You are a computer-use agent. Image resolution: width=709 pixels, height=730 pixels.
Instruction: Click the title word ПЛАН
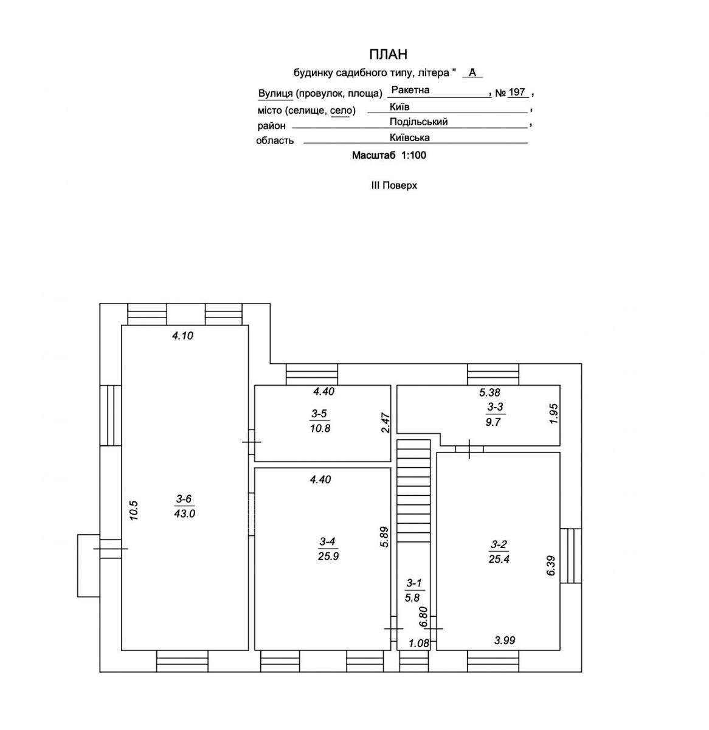coord(388,54)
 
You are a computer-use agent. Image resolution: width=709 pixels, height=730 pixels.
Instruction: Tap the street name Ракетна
coord(410,90)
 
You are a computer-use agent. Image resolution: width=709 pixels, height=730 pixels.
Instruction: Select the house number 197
coord(517,92)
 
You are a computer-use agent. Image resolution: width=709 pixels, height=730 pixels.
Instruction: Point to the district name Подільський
coord(418,122)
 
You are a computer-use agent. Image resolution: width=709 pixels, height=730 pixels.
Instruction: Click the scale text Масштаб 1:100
coord(389,155)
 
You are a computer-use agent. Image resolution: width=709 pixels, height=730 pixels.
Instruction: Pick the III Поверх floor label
coord(393,186)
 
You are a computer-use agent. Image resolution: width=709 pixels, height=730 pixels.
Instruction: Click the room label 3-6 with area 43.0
coord(184,499)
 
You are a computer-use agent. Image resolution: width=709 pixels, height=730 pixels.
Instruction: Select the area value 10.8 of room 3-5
coord(320,428)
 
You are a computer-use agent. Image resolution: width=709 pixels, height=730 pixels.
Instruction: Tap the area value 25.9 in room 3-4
coord(328,556)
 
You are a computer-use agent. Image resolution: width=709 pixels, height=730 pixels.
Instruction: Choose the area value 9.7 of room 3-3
coord(493,422)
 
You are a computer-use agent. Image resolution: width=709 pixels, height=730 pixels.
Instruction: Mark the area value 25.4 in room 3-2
coord(499,559)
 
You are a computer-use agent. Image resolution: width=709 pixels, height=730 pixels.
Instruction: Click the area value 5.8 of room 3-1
coord(412,597)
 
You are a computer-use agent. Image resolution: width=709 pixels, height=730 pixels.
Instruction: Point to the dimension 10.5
coord(134,510)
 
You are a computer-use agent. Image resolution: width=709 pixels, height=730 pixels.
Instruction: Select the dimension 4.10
coord(182,335)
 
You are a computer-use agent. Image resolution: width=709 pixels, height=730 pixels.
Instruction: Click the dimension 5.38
coord(489,392)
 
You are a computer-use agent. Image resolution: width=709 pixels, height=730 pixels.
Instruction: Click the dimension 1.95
coord(555,414)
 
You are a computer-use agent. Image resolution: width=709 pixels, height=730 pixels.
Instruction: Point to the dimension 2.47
coord(386,423)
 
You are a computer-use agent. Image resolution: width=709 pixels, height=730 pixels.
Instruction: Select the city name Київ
coord(399,107)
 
